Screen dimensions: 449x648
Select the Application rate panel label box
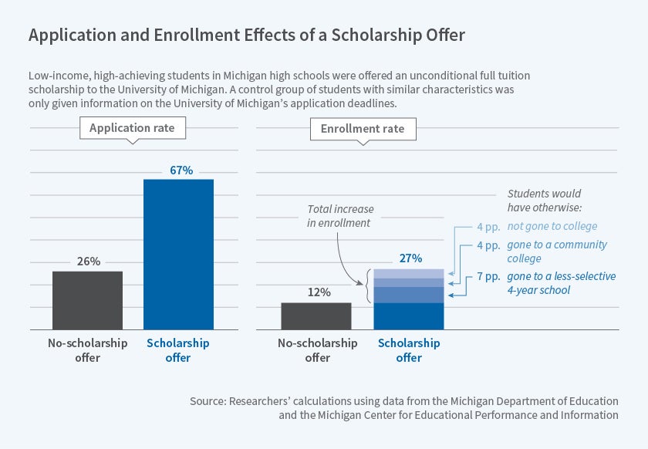coord(132,128)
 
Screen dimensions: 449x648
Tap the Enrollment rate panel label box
coord(363,128)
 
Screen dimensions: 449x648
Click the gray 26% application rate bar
coord(88,300)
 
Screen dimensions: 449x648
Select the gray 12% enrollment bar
coord(316,316)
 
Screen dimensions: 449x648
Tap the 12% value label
coord(319,292)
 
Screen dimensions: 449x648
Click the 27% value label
coord(410,258)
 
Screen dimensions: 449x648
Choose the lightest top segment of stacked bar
coord(409,273)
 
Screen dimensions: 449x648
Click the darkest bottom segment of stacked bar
coord(409,316)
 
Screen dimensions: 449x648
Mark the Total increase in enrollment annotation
coord(339,216)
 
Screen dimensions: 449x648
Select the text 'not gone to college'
coord(552,227)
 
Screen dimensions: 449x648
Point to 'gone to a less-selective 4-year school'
coord(560,282)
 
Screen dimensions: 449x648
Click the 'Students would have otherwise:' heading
coord(545,200)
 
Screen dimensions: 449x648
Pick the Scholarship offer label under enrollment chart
coord(409,350)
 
